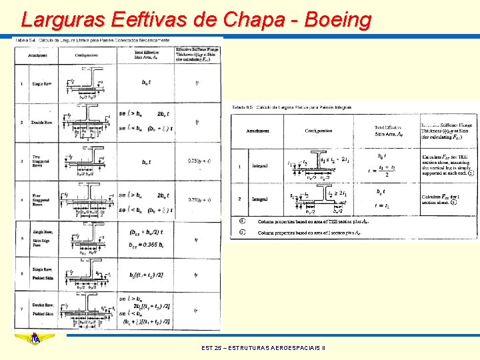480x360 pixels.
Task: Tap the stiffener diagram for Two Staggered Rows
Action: pyautogui.click(x=91, y=160)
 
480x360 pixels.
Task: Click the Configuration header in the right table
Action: pyautogui.click(x=319, y=131)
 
